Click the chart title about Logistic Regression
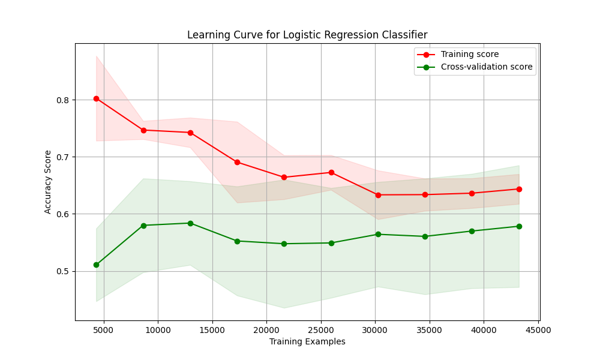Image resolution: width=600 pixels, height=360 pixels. [307, 35]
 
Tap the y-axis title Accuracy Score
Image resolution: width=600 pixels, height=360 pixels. [48, 182]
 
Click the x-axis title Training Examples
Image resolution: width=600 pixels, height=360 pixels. [307, 342]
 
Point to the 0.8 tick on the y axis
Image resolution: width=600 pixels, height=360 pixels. [62, 100]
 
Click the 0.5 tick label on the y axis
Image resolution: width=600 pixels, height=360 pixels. [62, 271]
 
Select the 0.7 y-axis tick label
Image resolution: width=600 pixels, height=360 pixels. [62, 157]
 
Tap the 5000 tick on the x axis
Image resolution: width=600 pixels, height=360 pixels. [104, 329]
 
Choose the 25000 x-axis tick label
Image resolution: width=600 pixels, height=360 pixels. [321, 329]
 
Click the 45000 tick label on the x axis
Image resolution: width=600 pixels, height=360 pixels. [538, 329]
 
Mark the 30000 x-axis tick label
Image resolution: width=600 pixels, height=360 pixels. [375, 329]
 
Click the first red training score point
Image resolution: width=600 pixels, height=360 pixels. [96, 98]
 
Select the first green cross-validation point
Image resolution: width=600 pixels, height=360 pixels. [96, 265]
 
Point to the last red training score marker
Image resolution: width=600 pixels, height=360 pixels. [519, 189]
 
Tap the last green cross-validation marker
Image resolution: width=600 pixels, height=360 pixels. [519, 226]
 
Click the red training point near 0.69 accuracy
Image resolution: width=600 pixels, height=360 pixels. [237, 162]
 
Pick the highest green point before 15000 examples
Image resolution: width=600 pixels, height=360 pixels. [190, 223]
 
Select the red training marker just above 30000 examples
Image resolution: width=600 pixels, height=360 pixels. [378, 195]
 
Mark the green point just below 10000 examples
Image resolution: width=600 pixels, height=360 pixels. [143, 226]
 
